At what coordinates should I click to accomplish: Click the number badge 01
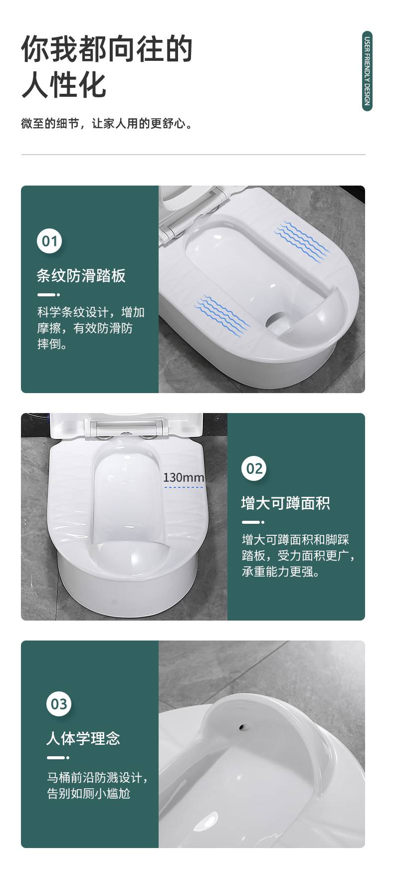49,241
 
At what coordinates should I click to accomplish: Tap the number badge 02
254,468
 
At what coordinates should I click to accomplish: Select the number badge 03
59,704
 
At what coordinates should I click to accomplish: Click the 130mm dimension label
184,478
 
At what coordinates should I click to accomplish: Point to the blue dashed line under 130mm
184,487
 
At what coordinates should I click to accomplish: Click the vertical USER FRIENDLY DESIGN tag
367,71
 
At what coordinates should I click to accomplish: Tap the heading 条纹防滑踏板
81,275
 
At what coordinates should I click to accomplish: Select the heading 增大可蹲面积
285,503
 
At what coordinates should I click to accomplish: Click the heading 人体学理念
83,738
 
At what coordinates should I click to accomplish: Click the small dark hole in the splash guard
243,726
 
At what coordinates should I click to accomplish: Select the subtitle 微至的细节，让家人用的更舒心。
107,124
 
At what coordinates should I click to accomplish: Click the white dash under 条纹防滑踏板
48,295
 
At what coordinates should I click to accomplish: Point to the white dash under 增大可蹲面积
253,522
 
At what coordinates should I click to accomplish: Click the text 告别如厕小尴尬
89,794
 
